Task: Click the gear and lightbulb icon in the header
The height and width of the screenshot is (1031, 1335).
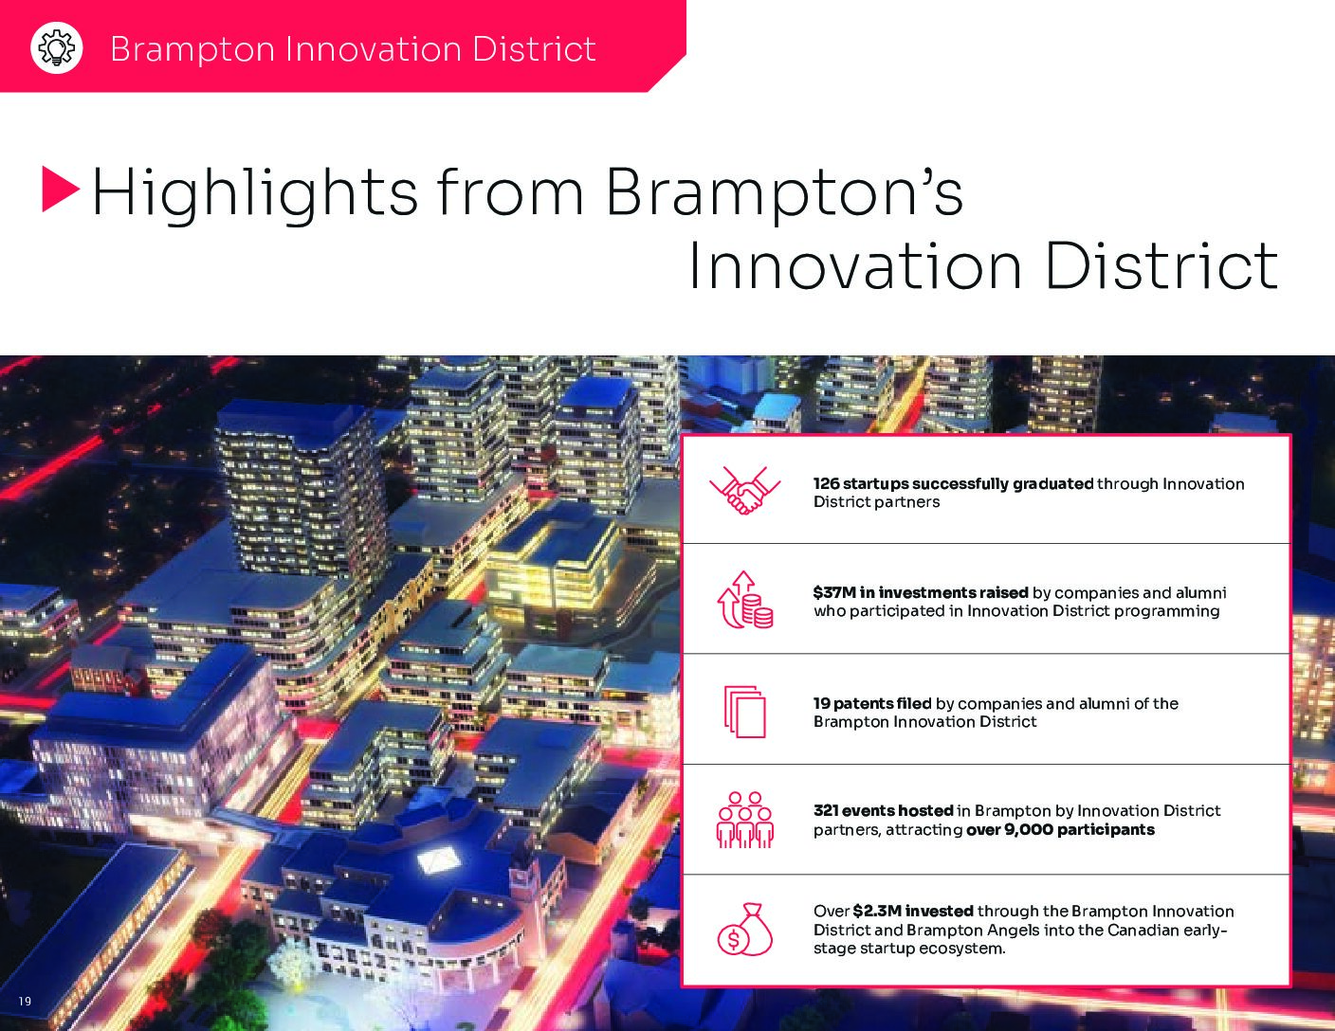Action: (x=57, y=47)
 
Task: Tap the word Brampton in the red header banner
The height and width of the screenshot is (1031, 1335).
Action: (x=192, y=49)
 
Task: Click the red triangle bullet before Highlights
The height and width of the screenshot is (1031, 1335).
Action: (x=60, y=190)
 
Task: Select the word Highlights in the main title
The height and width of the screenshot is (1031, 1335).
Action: (x=254, y=194)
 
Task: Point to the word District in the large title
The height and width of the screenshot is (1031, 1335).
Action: (x=1161, y=266)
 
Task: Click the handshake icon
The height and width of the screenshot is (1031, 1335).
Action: (x=744, y=490)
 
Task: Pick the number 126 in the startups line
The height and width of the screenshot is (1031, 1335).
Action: (x=826, y=484)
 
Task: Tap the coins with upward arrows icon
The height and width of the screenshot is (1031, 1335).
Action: (x=744, y=600)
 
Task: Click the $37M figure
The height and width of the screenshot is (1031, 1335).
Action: (x=833, y=592)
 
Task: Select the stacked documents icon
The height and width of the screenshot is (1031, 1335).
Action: (x=744, y=711)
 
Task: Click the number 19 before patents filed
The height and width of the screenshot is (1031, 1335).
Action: (x=821, y=703)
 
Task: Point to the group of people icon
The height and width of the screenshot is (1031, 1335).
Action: (x=744, y=820)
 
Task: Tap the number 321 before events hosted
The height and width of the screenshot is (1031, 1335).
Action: (x=826, y=810)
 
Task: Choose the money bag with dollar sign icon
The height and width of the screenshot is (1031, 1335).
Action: (x=744, y=929)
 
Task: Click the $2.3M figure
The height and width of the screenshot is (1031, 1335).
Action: (x=877, y=912)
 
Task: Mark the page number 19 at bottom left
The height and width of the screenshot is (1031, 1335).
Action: (x=25, y=1002)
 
